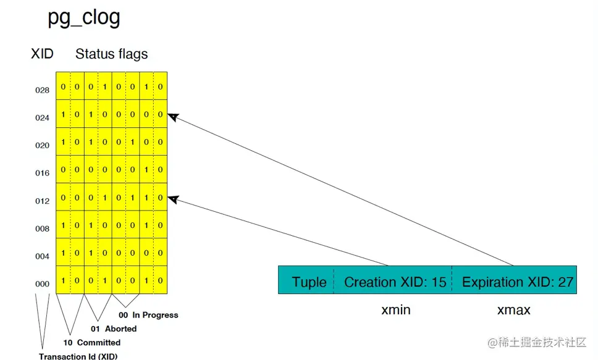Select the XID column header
(x=42, y=54)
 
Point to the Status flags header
(x=112, y=54)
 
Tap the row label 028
(x=42, y=90)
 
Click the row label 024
(x=42, y=117)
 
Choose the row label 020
(x=42, y=146)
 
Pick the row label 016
(x=42, y=174)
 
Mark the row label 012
(x=42, y=201)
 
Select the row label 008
(x=42, y=229)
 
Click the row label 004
(x=42, y=257)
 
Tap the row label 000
(x=42, y=284)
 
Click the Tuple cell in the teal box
(x=309, y=282)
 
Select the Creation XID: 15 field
(x=395, y=282)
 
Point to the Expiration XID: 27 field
(x=518, y=282)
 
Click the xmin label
(x=396, y=310)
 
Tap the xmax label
(x=514, y=310)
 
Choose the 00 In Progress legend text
(x=148, y=315)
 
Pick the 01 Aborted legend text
(x=114, y=329)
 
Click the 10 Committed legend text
(x=93, y=343)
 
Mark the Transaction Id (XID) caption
(x=78, y=356)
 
